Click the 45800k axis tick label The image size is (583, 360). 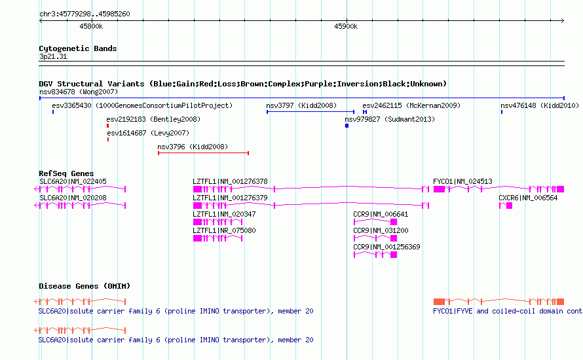click(x=91, y=26)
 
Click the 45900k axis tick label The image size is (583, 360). click(x=346, y=26)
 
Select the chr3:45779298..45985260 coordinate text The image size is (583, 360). click(x=85, y=14)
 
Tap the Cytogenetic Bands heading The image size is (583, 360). click(x=78, y=48)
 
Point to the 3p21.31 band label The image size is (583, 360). click(x=53, y=56)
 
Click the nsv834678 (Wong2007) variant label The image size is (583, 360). click(x=79, y=92)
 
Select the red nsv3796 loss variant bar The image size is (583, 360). click(x=203, y=153)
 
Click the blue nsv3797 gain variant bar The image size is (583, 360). click(x=310, y=112)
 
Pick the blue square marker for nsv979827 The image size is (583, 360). click(x=347, y=126)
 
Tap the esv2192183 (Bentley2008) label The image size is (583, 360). click(x=153, y=119)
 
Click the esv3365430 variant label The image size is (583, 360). click(x=71, y=105)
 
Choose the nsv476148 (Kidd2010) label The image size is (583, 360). click(x=540, y=105)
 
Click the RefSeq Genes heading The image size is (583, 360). click(x=66, y=173)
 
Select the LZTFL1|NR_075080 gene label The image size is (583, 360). click(x=224, y=230)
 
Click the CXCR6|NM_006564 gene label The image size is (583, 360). click(x=528, y=198)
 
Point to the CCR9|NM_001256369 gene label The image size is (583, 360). click(x=386, y=247)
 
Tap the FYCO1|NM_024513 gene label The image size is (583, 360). click(x=462, y=181)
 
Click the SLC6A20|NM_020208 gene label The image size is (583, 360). click(x=73, y=198)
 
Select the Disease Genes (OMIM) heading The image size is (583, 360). click(x=85, y=286)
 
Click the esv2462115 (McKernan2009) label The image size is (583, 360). click(x=411, y=105)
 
